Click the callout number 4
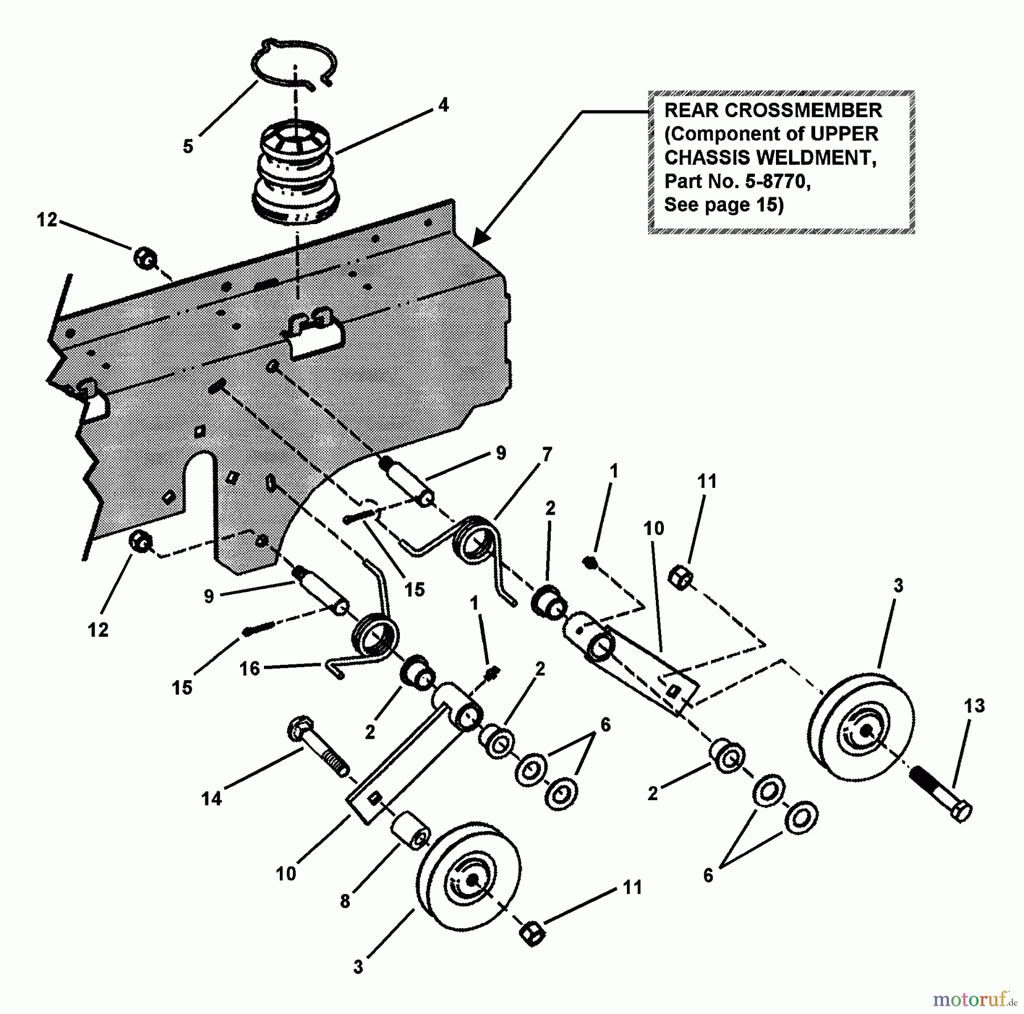[443, 105]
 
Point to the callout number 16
[249, 669]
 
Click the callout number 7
[547, 455]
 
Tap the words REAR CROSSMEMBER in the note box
[773, 110]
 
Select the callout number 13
[974, 706]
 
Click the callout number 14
[211, 800]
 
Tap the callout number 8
[345, 902]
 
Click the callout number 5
[188, 146]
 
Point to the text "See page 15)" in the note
[724, 205]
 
